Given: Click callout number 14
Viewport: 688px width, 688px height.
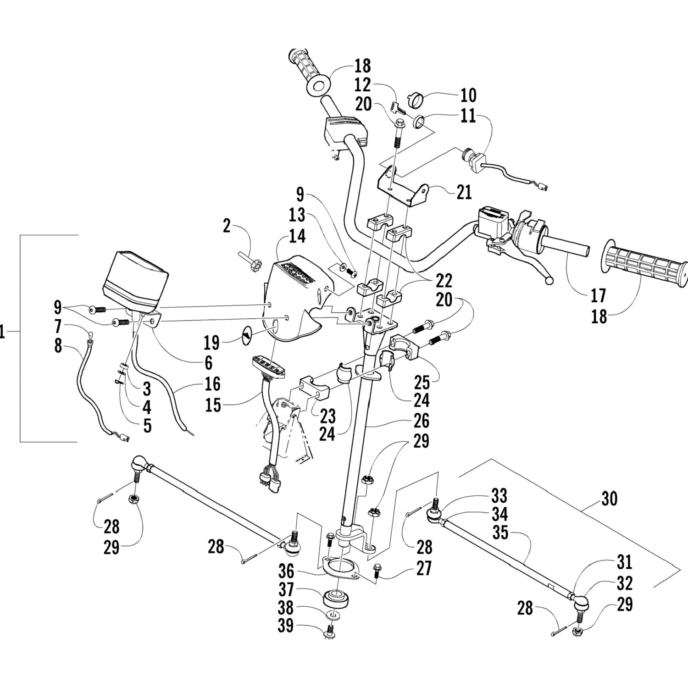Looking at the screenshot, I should tap(297, 237).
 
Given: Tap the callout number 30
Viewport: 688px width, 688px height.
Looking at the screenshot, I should tap(609, 499).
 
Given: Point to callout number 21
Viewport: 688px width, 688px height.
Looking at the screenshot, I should tap(464, 192).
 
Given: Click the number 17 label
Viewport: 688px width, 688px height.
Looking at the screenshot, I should tap(598, 296).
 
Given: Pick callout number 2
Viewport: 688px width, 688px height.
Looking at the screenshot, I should tap(227, 226).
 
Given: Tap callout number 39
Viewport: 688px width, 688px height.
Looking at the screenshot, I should tap(286, 625).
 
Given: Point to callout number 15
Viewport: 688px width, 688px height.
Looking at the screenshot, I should tap(213, 405).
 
